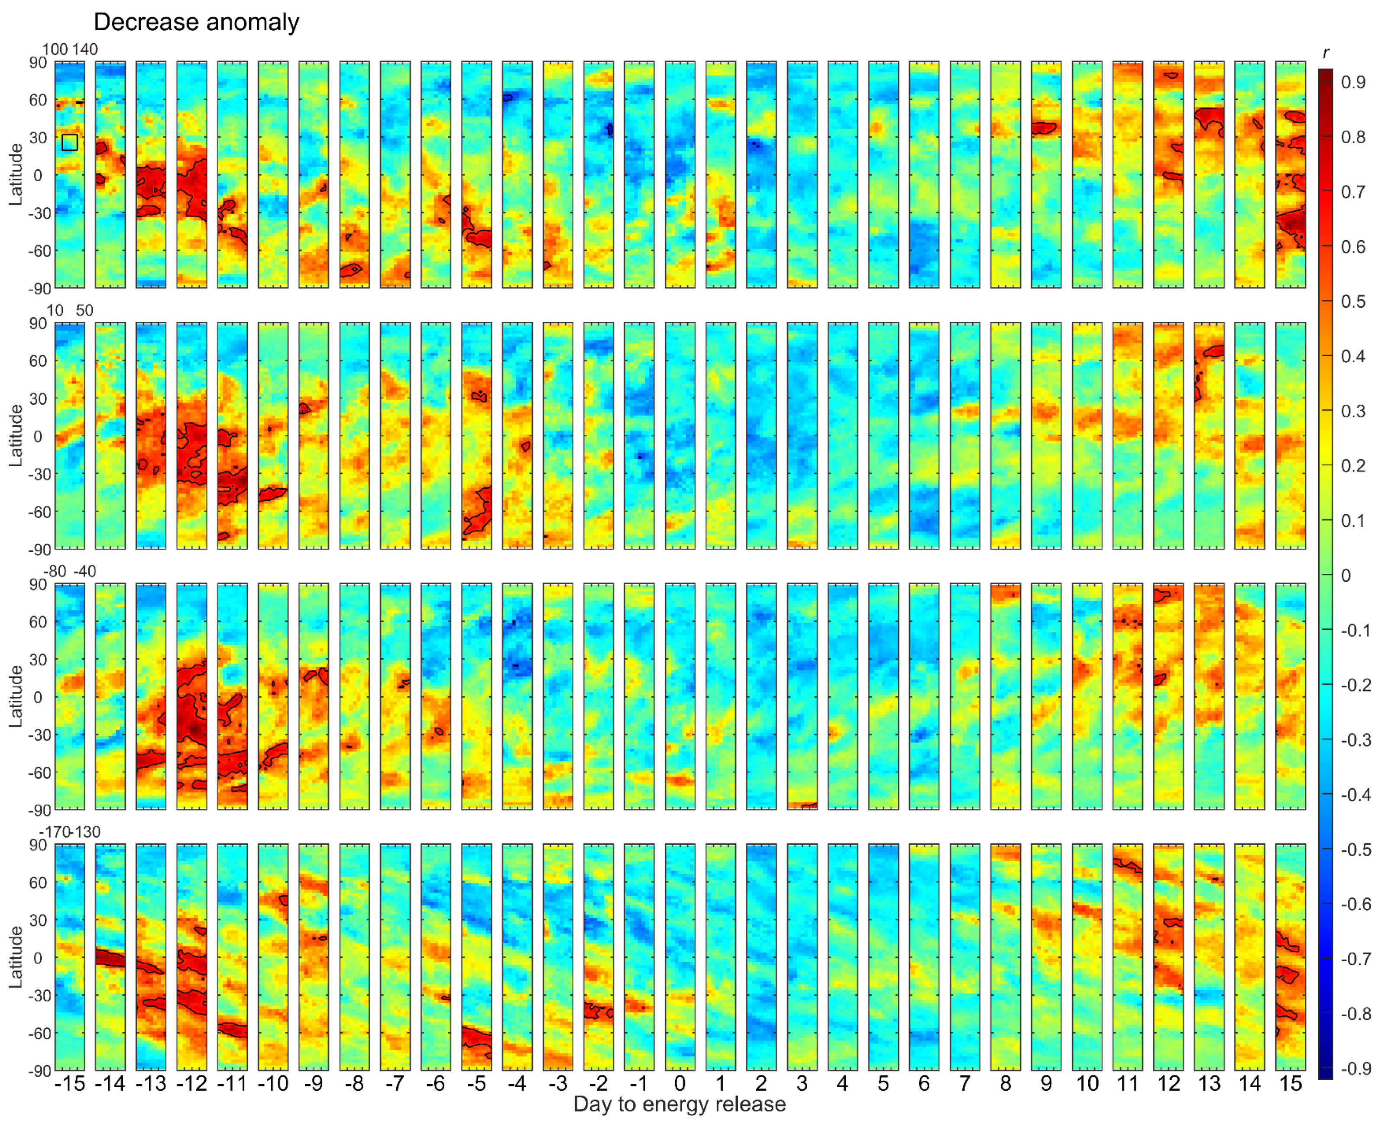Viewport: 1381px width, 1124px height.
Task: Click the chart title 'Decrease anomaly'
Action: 196,22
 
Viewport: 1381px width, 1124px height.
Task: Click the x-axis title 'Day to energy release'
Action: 679,1104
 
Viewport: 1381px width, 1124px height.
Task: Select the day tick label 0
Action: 679,1083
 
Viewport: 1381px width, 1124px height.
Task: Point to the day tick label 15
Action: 1290,1083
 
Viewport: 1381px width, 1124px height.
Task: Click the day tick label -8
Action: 354,1083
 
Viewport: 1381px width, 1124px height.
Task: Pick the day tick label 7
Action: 964,1083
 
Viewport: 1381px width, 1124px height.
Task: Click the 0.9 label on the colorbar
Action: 1353,82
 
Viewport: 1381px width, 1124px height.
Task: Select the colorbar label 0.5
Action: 1353,302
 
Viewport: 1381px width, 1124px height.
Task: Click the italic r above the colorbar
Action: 1326,53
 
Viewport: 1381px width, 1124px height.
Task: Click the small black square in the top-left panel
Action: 70,142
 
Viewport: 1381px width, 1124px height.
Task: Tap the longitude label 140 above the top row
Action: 85,50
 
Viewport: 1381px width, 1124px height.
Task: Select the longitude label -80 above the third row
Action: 55,571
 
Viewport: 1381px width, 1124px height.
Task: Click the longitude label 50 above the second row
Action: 85,310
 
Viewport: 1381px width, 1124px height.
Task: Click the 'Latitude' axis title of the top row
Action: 16,175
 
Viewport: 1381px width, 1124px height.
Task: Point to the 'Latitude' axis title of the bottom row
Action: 16,957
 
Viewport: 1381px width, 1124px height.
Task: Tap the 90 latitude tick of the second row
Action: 38,323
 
